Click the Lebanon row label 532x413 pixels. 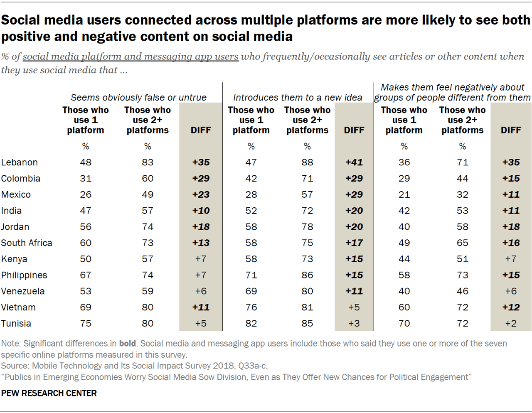[x=19, y=162]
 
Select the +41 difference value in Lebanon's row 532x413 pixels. [x=354, y=162]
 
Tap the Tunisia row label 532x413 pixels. [x=16, y=324]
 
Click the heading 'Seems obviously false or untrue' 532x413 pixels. [x=138, y=98]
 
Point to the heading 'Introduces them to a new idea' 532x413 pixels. [x=297, y=98]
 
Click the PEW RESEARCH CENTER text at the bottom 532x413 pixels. [x=49, y=393]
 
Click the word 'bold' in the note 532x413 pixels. [x=127, y=344]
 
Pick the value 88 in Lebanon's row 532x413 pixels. [x=307, y=162]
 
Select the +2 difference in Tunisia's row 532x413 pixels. [x=510, y=324]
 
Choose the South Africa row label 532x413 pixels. [x=27, y=243]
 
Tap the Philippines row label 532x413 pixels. [x=24, y=275]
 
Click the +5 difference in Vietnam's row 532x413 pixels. [x=354, y=307]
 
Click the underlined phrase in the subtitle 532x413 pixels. [x=131, y=57]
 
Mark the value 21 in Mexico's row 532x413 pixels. [x=404, y=194]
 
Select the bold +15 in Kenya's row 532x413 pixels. [x=354, y=259]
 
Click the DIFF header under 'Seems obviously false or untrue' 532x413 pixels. [x=201, y=130]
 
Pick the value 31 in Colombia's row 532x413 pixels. [x=86, y=179]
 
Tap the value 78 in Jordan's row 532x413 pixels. [x=307, y=227]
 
